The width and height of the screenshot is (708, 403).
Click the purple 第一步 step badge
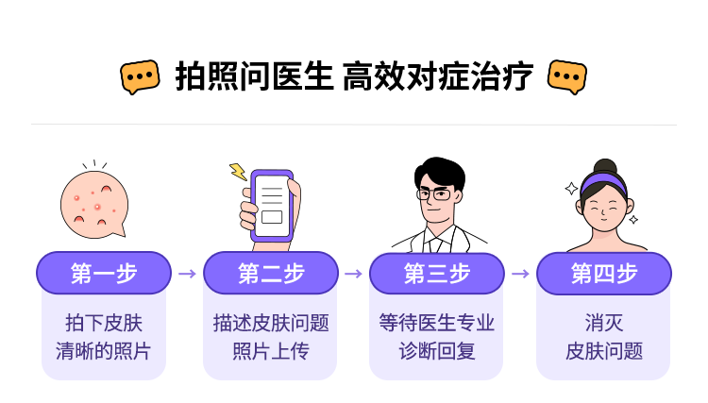tap(104, 274)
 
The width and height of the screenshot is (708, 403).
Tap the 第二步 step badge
tap(271, 274)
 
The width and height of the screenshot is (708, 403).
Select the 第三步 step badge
tap(437, 274)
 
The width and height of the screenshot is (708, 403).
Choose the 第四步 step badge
tap(604, 274)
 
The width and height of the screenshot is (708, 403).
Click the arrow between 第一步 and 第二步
tap(187, 274)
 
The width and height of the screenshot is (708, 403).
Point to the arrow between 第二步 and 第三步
tap(353, 274)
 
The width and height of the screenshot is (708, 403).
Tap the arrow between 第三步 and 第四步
tap(520, 274)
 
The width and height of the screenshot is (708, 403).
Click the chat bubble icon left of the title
tap(140, 76)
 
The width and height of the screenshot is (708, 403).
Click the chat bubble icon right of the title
tap(567, 76)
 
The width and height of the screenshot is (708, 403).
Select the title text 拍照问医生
tap(255, 76)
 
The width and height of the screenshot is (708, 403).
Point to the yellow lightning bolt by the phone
tap(238, 172)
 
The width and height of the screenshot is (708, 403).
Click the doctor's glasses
tap(435, 194)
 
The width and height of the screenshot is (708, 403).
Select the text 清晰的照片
tap(104, 351)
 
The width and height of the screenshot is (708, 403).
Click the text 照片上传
tap(271, 351)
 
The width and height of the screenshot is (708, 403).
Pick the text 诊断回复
tap(437, 351)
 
